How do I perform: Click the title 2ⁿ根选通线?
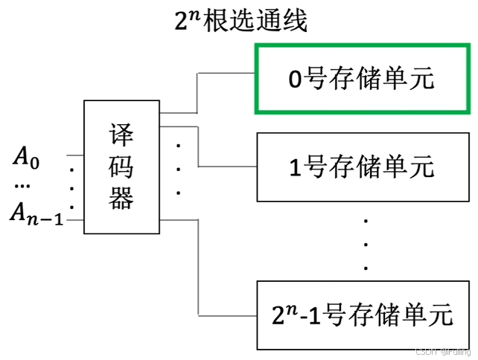point(240,21)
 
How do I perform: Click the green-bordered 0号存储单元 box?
point(362,79)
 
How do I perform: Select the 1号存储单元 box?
point(362,167)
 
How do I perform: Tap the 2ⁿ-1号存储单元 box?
point(362,315)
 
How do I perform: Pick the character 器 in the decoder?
point(121,199)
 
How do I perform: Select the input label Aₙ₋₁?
point(36,215)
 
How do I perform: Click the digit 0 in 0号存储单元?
point(296,80)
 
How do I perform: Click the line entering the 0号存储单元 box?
point(227,75)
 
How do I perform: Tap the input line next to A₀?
point(74,156)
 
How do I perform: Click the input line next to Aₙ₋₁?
point(74,219)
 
